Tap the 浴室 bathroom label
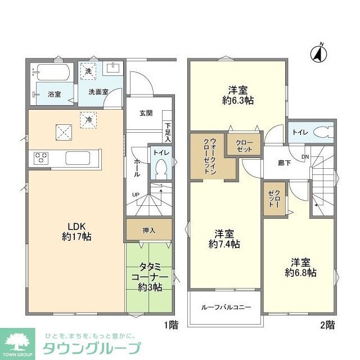pyautogui.click(x=55, y=94)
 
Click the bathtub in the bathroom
pyautogui.click(x=52, y=72)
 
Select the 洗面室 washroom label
pyautogui.click(x=98, y=92)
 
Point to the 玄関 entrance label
pyautogui.click(x=146, y=112)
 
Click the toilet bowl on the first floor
pyautogui.click(x=161, y=167)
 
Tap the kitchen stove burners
pyautogui.click(x=43, y=157)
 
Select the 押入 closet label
pyautogui.click(x=148, y=230)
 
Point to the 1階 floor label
pyautogui.click(x=172, y=325)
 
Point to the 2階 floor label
pyautogui.click(x=327, y=325)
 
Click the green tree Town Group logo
pyautogui.click(x=19, y=340)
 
